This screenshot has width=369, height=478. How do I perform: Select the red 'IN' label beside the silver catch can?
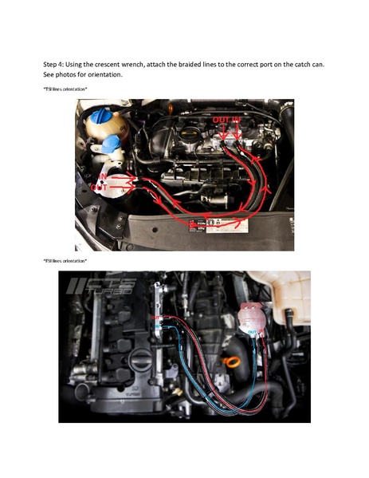tap(103, 176)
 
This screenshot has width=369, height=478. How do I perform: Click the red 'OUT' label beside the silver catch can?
tap(100, 187)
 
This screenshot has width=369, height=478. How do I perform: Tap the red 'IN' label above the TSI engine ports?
tap(236, 118)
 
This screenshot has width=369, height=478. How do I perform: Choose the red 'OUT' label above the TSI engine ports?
tap(221, 118)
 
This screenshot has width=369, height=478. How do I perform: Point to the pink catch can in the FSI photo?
tap(253, 319)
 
